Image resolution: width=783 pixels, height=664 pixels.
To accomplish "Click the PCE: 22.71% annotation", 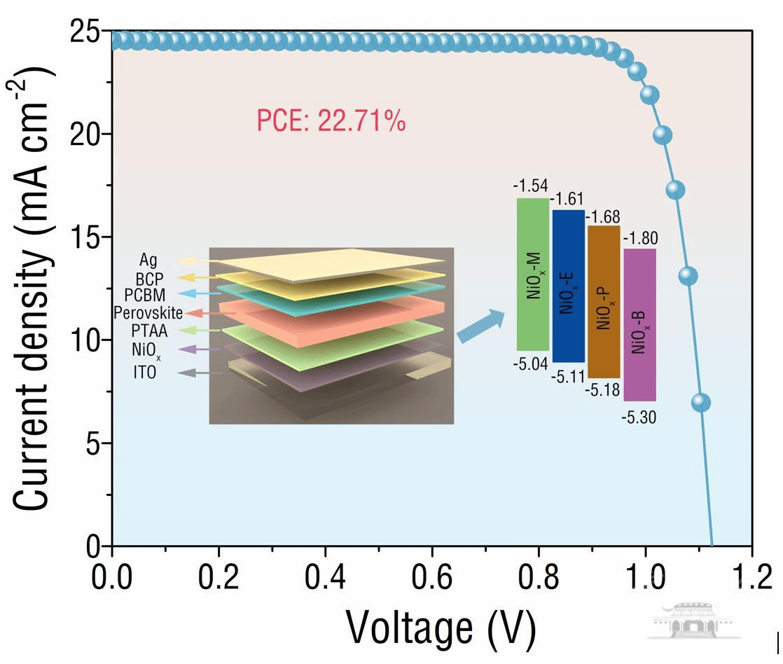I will tap(331, 123).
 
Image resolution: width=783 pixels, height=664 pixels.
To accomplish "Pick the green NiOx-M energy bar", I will tap(533, 274).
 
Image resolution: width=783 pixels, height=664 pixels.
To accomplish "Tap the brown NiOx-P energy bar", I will tap(604, 302).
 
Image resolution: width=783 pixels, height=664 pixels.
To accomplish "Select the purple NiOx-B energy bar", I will tap(639, 324).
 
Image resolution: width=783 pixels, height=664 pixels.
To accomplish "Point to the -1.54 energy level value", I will tap(530, 186).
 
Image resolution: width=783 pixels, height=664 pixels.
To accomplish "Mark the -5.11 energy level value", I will tap(568, 378).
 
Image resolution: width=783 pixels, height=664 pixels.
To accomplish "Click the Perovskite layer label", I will tap(148, 312).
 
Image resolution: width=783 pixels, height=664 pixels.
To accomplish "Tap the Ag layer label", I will tap(148, 261).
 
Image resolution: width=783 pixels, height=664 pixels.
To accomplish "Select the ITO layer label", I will tap(145, 373).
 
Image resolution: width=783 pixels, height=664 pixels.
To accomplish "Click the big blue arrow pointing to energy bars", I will tap(481, 326).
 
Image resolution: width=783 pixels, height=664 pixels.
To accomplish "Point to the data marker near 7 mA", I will tap(700, 403).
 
